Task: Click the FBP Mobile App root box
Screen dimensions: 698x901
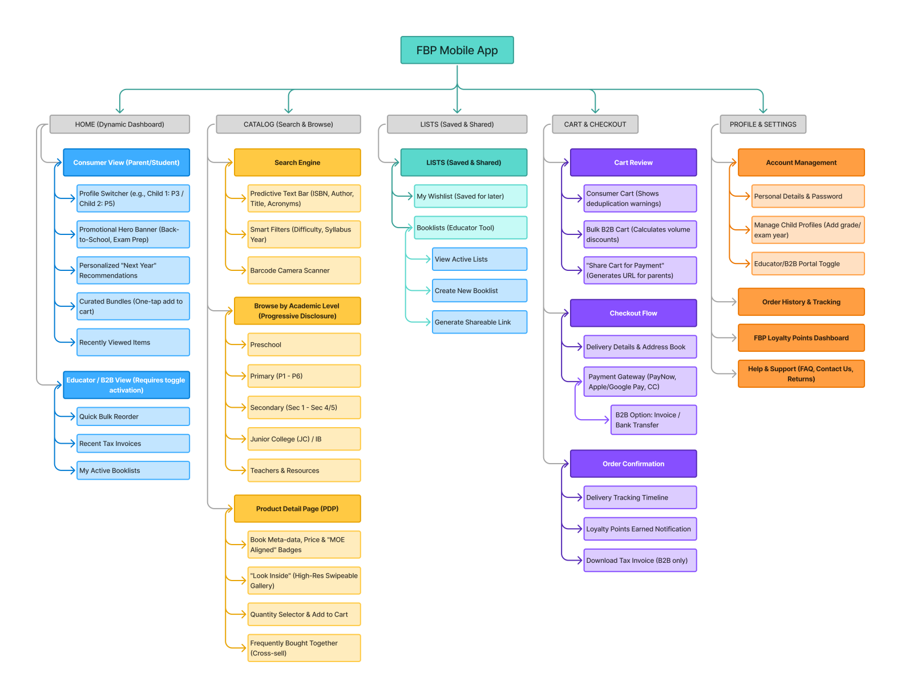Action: (456, 50)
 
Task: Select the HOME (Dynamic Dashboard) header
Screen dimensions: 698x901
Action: (119, 124)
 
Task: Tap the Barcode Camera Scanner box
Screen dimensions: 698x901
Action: (304, 270)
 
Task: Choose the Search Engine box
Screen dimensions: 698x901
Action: (297, 163)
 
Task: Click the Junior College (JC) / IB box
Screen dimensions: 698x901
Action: (304, 439)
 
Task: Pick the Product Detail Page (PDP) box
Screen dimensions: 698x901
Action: (297, 509)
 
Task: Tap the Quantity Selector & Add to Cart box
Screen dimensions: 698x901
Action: (304, 614)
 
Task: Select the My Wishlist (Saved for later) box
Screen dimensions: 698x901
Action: (470, 196)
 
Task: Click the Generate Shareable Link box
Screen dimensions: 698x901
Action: (479, 322)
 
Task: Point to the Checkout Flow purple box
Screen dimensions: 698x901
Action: (633, 313)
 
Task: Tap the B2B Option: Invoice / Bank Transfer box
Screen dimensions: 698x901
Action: (653, 420)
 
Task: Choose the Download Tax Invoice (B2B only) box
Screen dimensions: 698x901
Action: (640, 561)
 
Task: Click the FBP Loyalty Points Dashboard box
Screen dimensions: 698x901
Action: (801, 338)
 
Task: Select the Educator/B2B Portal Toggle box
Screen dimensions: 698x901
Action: (807, 263)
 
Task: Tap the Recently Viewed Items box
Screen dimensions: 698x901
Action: (133, 342)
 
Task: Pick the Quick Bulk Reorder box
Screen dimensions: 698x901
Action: (133, 416)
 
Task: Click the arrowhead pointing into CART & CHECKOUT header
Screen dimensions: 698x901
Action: (595, 110)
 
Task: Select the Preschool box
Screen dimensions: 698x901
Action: (304, 344)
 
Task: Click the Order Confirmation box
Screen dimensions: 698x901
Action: (633, 464)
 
